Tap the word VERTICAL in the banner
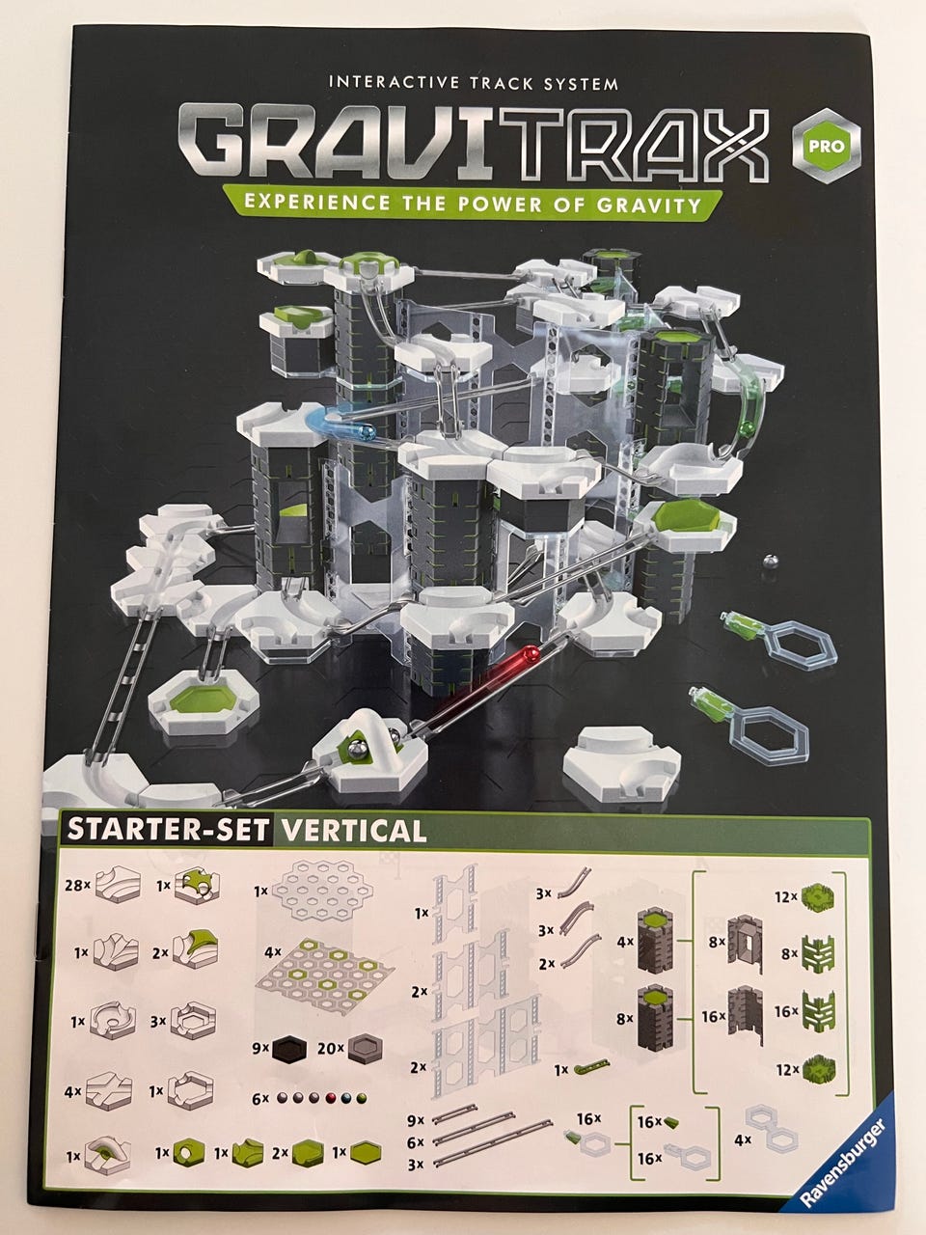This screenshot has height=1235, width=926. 353,831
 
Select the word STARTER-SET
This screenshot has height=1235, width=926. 167,831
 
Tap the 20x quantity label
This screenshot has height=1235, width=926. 331,1048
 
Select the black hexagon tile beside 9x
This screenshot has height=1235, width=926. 289,1050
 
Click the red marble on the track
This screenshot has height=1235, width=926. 531,654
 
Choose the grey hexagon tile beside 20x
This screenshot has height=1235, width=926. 365,1050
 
